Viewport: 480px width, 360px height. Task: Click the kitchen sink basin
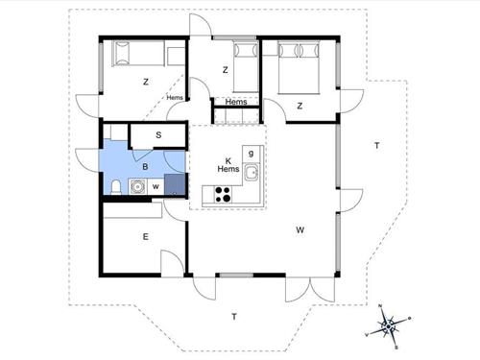[x=252, y=173]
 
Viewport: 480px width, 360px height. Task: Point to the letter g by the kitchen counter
[x=251, y=153]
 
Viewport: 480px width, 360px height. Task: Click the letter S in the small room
[x=157, y=135]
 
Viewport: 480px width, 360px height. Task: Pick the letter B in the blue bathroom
[x=145, y=166]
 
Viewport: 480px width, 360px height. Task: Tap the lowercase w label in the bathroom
[x=155, y=186]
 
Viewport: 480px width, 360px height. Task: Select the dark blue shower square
[x=174, y=184]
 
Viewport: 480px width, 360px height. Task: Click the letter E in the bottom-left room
[x=146, y=236]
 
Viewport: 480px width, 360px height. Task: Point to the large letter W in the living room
[x=300, y=230]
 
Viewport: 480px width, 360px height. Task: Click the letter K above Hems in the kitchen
[x=228, y=160]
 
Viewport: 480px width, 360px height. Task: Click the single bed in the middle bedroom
[x=246, y=65]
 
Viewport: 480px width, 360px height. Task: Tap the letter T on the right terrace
[x=377, y=145]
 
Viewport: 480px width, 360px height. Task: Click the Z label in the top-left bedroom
[x=146, y=82]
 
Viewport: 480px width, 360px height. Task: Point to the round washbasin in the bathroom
[x=136, y=186]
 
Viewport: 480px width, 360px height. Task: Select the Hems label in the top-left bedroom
[x=175, y=97]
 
